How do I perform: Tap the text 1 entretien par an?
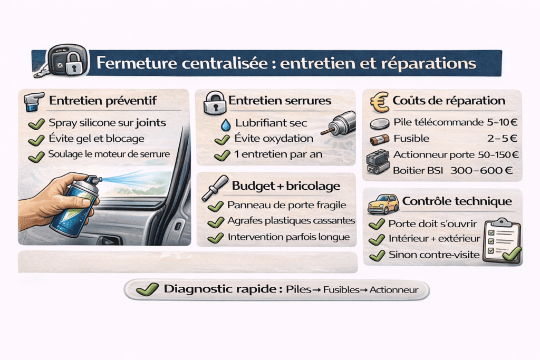coord(271,155)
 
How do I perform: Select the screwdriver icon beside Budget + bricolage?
coord(216,186)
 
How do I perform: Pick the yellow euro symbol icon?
coord(380,101)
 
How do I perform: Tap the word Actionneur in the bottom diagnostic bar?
coord(394,289)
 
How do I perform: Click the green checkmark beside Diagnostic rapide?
coord(147,289)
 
